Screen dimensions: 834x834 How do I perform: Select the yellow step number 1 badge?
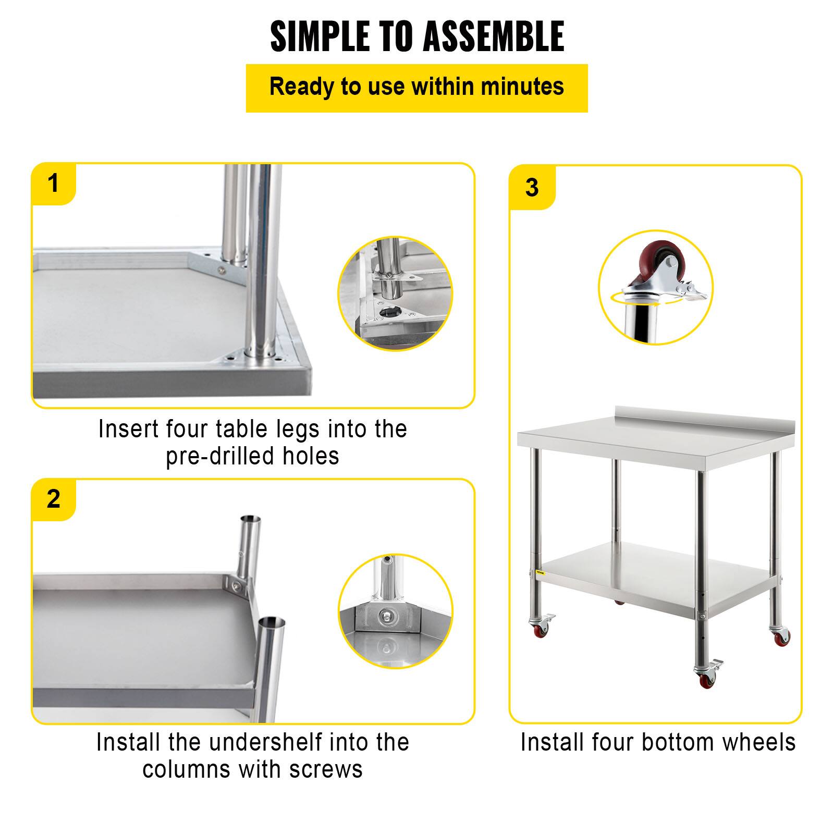click(54, 183)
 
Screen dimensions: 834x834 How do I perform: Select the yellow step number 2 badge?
click(54, 499)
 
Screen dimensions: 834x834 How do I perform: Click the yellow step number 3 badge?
click(532, 188)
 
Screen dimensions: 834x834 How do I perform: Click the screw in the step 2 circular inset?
click(386, 616)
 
